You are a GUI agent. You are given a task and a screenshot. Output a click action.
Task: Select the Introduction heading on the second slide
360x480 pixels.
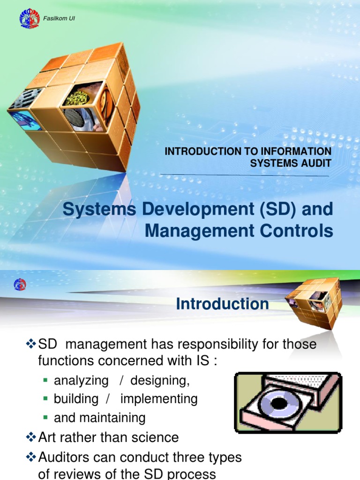point(222,304)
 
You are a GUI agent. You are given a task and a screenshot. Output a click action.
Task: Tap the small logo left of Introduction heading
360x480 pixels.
point(20,284)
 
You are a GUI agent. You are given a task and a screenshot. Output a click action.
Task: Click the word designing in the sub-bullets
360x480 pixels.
point(160,381)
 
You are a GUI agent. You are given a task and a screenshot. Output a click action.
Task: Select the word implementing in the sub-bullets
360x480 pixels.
point(159,399)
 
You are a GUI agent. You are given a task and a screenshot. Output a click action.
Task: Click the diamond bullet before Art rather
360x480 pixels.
point(30,437)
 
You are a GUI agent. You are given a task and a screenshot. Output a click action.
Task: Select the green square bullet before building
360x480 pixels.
point(45,399)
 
